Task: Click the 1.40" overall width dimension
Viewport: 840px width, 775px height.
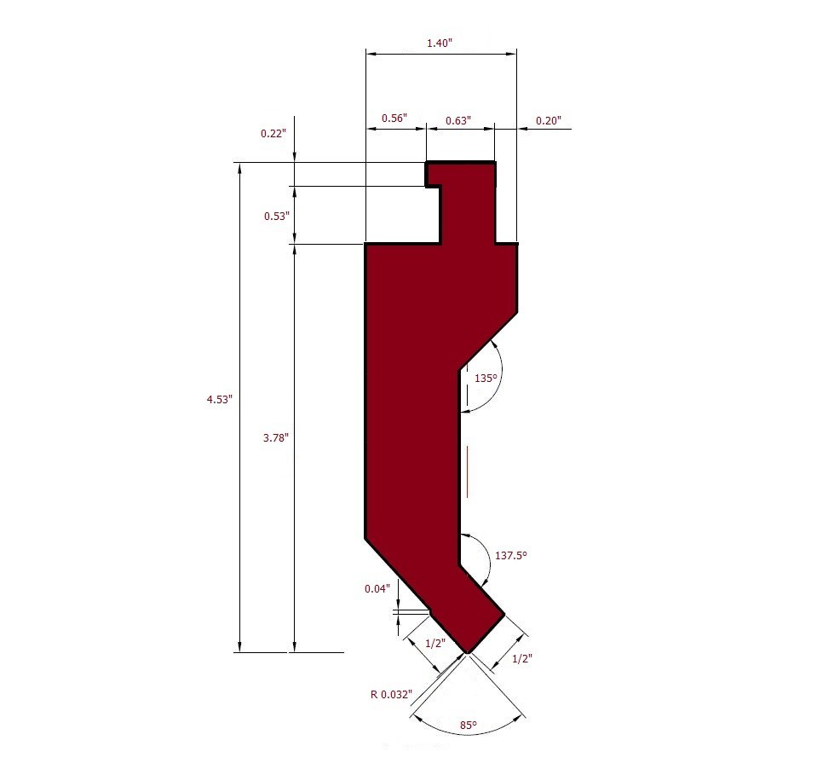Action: (440, 43)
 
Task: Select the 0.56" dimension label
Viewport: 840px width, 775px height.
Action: (394, 119)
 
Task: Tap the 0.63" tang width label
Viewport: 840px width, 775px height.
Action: (457, 120)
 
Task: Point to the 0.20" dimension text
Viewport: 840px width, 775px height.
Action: (548, 120)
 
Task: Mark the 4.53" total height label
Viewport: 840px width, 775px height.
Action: (218, 399)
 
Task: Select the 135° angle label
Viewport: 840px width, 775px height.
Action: (486, 377)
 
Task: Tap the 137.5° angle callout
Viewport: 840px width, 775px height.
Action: (511, 555)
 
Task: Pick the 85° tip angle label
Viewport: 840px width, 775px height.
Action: (468, 725)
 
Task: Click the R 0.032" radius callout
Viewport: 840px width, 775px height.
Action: (390, 693)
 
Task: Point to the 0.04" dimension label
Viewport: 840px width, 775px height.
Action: (377, 588)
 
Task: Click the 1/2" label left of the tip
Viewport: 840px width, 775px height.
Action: (434, 643)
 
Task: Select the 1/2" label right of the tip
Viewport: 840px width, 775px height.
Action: (521, 658)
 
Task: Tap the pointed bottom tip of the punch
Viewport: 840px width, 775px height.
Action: (468, 652)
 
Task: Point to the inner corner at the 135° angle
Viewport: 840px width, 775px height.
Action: (460, 369)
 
